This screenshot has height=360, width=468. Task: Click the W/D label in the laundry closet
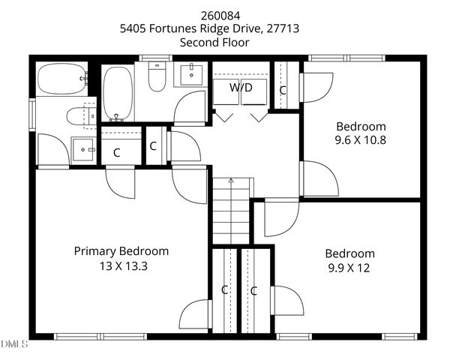pos(241,88)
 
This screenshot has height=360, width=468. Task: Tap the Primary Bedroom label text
pos(121,251)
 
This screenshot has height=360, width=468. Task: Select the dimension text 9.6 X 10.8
pos(361,139)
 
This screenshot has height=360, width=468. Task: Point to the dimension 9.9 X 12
pos(349,267)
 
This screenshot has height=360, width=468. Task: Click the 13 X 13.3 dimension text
pos(121,265)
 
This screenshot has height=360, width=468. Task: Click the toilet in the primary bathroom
pos(80,115)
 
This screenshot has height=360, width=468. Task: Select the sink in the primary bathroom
pos(83,148)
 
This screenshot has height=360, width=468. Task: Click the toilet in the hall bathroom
pos(157,78)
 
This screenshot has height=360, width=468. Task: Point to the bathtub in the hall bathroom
pos(116,93)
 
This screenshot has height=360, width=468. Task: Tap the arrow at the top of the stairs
pos(231,181)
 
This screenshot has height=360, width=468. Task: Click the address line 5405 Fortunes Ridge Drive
pos(214,28)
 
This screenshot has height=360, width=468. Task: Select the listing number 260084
pos(214,15)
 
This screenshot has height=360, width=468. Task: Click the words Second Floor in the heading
pos(214,42)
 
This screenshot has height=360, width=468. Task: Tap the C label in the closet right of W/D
pos(283,90)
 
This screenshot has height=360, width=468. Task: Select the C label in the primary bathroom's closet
pos(116,152)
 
